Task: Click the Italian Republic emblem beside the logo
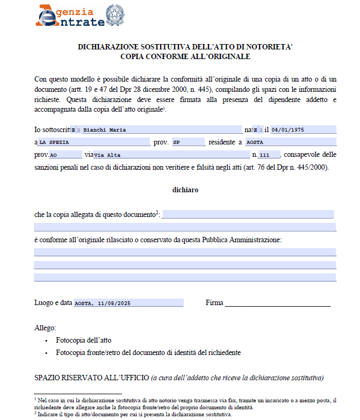(x=114, y=15)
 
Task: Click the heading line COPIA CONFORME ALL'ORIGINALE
(x=185, y=56)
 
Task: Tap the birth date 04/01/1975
(x=303, y=129)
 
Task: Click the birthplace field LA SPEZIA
(x=93, y=142)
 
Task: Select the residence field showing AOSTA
(x=290, y=142)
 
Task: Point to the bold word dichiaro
(x=185, y=190)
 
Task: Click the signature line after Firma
(x=277, y=303)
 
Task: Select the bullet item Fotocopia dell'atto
(x=84, y=340)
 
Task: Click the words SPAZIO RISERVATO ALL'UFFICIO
(x=91, y=378)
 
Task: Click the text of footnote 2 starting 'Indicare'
(x=134, y=415)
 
